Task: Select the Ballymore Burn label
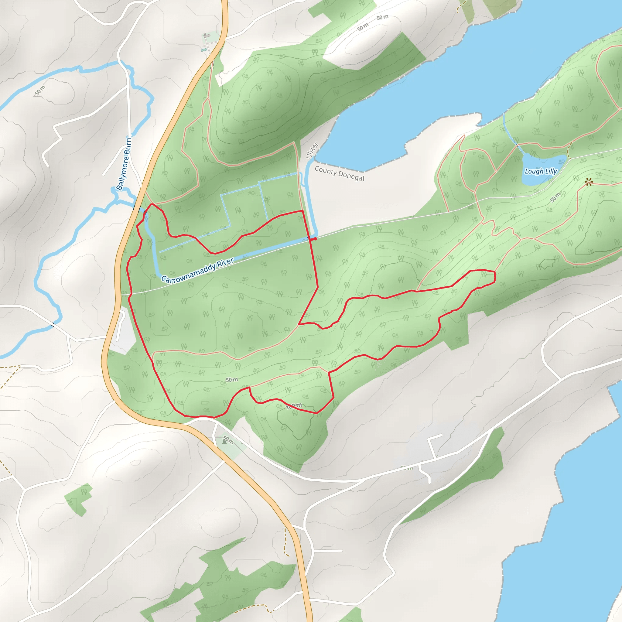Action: [124, 164]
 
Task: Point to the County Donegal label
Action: [339, 173]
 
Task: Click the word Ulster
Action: [312, 150]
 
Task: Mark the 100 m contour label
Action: [294, 406]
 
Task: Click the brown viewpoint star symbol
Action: [589, 183]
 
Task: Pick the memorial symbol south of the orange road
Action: [224, 442]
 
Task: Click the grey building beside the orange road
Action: [206, 35]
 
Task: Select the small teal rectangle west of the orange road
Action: [203, 50]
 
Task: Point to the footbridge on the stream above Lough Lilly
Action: [517, 145]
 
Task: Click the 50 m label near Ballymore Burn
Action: [40, 91]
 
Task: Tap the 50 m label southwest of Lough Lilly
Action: [555, 197]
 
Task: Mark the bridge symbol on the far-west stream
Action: [53, 325]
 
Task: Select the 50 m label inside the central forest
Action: [231, 380]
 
